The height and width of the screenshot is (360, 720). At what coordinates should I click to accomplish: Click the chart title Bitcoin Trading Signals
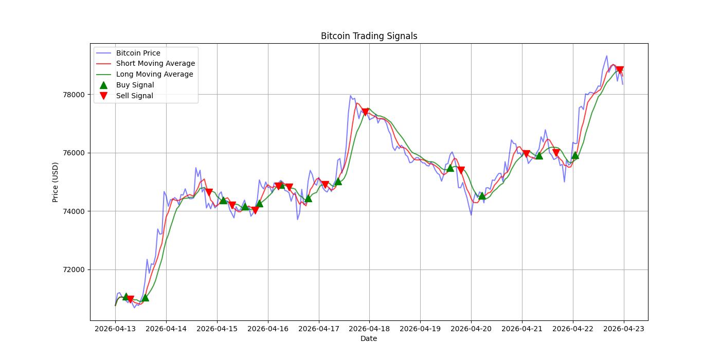[369, 36]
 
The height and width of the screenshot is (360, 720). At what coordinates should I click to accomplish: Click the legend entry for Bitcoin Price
[138, 53]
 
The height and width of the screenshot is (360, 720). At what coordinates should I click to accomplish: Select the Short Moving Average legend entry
[155, 64]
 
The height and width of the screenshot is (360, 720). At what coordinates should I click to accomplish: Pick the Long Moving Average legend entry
[154, 74]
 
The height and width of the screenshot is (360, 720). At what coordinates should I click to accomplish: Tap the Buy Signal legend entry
[135, 85]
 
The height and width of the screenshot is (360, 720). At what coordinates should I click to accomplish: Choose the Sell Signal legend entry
[134, 96]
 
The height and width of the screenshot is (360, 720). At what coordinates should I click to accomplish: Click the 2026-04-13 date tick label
[115, 329]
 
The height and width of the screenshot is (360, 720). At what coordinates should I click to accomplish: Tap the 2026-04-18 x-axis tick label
[369, 329]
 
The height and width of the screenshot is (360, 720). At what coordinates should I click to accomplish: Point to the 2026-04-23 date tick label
[624, 329]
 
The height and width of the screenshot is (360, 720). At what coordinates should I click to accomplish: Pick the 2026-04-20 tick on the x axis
[471, 329]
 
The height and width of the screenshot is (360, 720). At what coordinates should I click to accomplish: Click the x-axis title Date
[369, 338]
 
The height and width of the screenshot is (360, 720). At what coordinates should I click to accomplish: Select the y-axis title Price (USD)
[56, 182]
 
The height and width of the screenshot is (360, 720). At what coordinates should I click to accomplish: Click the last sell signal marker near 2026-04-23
[620, 70]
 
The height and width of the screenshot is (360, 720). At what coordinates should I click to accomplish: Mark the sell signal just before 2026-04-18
[365, 112]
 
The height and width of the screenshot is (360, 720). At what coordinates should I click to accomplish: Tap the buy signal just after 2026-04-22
[575, 155]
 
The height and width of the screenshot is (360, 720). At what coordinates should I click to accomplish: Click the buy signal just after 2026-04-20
[482, 195]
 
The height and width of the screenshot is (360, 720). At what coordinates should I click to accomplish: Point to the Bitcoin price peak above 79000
[606, 56]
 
